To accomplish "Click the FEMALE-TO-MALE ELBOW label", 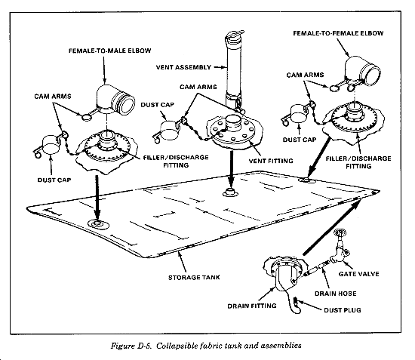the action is [x=110, y=51].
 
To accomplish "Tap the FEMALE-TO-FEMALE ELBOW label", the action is [x=338, y=33].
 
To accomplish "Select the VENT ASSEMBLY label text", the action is [x=183, y=67].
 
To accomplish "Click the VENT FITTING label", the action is [x=271, y=161].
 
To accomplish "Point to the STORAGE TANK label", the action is [x=194, y=278].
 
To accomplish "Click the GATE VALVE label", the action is [x=358, y=274].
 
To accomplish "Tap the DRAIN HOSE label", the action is [x=335, y=294].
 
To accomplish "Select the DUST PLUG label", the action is [x=343, y=310].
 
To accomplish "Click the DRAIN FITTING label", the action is [x=252, y=306].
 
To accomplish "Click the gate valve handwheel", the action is [x=340, y=233].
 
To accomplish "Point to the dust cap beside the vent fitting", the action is [x=168, y=131].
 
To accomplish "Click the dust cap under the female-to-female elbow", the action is [x=299, y=115].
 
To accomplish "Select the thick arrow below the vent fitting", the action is [x=231, y=169].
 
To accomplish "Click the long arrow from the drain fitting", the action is [x=332, y=227].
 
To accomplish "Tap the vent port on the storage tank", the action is [x=231, y=192].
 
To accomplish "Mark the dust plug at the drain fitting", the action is [x=296, y=301].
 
